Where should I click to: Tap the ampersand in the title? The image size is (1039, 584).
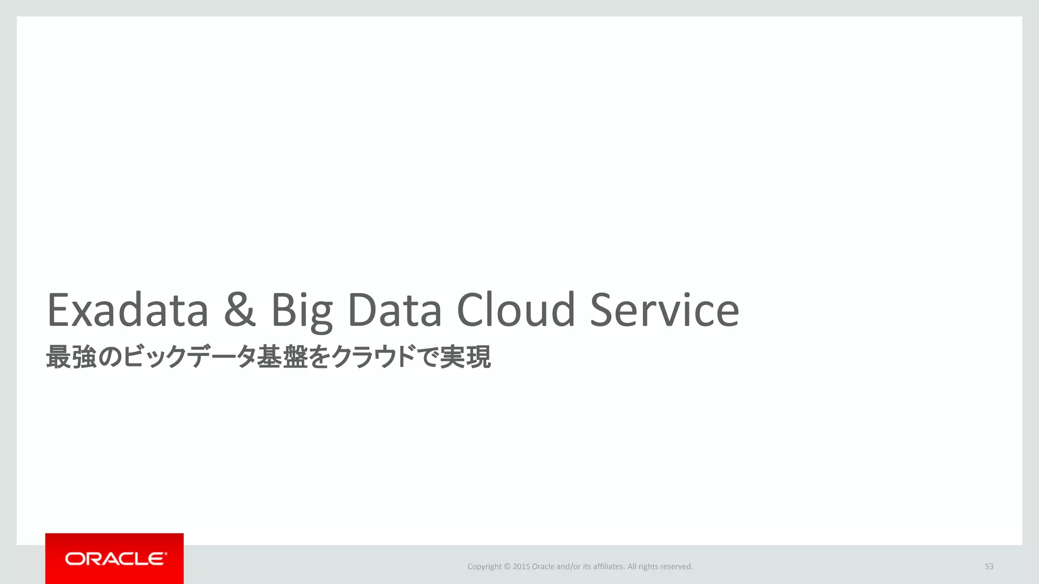pos(239,310)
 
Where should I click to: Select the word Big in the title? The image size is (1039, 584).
pos(302,311)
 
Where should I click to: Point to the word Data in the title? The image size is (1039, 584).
pos(395,310)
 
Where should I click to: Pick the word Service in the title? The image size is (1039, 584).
pos(665,310)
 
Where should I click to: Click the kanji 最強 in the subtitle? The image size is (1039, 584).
pos(72,357)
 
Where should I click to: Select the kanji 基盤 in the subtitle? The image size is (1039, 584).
pos(282,357)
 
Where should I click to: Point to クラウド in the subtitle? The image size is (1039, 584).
pos(373,357)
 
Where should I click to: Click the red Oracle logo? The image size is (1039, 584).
pos(115,559)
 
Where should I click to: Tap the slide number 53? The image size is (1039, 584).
pos(989,566)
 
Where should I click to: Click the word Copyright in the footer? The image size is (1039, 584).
pos(484,567)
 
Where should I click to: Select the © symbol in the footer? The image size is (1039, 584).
pos(507,566)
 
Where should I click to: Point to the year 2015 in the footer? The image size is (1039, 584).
pos(522,566)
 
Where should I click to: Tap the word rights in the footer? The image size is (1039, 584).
pos(648,567)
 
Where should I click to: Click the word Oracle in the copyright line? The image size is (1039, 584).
pos(543,566)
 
